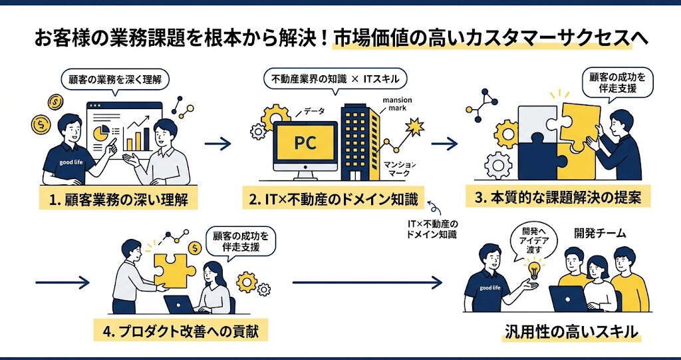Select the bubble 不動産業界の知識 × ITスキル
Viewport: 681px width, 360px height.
(x=336, y=80)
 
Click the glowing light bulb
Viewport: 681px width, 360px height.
(x=533, y=269)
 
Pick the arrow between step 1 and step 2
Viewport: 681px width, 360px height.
(x=217, y=142)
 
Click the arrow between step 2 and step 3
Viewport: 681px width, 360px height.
(x=444, y=143)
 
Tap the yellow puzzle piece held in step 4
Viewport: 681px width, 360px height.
(x=174, y=269)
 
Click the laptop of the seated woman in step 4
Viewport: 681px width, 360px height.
(x=179, y=304)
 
